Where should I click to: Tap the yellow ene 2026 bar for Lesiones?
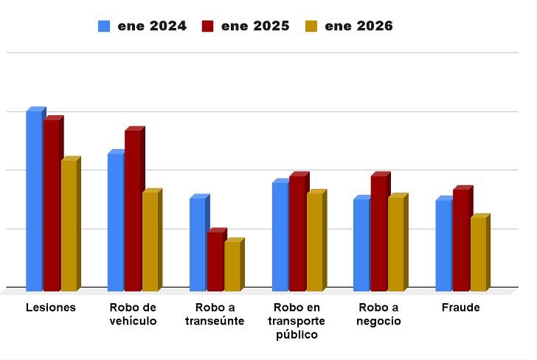pos(69,224)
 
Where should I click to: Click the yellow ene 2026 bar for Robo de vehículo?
pos(150,240)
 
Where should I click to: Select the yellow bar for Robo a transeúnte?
pos(232,265)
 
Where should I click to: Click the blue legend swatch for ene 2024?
pos(104,27)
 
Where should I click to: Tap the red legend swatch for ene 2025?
pos(207,27)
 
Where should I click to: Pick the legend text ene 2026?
pos(358,27)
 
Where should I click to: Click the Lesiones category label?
pos(51,308)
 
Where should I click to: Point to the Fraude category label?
pos(460,308)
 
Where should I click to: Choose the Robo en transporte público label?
pos(297,321)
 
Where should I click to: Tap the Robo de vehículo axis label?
pos(133,314)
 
